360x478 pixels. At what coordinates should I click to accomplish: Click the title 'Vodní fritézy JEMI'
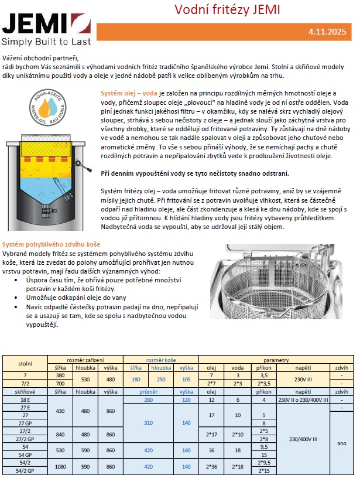228,10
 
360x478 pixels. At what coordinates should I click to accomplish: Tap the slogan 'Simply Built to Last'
47,42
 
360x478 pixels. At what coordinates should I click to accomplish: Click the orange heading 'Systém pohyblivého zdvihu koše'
52,244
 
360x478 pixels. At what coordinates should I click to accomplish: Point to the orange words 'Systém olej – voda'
129,93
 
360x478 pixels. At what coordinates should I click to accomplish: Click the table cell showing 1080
60,466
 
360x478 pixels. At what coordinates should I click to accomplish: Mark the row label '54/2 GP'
25,470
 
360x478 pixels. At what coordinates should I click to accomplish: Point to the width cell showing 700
60,383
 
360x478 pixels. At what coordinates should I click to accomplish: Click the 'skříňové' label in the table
25,391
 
